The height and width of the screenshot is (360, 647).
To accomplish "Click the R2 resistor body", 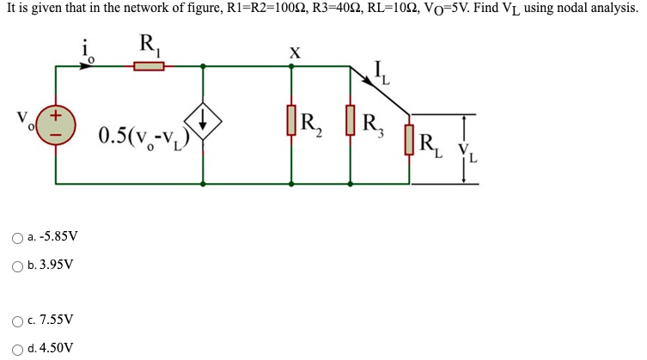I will (x=291, y=122).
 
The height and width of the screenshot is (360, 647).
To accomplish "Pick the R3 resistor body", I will (x=350, y=122).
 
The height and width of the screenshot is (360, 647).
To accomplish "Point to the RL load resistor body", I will (x=410, y=143).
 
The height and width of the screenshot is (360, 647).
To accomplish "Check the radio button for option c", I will (x=18, y=320).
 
